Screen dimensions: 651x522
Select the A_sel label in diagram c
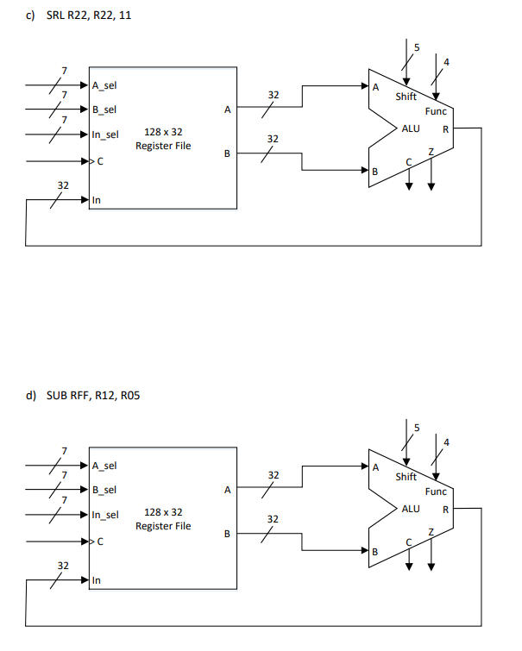pos(104,85)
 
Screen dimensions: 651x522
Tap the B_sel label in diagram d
pos(104,491)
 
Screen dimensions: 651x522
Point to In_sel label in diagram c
pos(105,135)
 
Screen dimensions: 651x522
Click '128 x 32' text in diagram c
pos(163,132)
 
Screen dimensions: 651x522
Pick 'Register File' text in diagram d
pos(163,526)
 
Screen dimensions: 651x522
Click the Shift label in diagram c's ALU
pos(406,97)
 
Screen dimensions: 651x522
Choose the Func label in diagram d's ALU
pos(436,491)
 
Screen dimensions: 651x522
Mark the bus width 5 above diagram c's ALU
pos(417,47)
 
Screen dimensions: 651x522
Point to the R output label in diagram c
pos(444,129)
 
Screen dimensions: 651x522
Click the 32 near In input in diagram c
pos(63,185)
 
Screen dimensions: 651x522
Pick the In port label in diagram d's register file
pos(96,581)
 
